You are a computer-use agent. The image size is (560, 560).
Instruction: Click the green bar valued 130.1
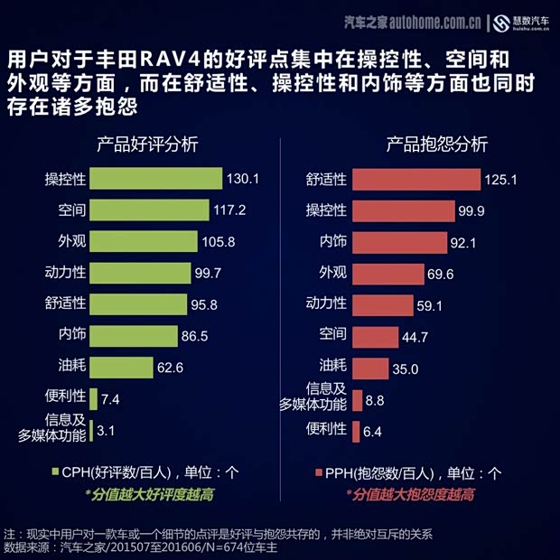pyautogui.click(x=155, y=179)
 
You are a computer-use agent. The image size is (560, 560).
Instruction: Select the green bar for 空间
pyautogui.click(x=149, y=210)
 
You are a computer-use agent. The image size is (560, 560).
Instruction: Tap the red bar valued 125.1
pyautogui.click(x=415, y=179)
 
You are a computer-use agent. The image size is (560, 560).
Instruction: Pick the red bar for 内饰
pyautogui.click(x=399, y=242)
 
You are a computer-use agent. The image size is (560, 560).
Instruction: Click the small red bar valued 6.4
pyautogui.click(x=356, y=431)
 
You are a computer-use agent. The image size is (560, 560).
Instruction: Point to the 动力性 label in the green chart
pyautogui.click(x=65, y=273)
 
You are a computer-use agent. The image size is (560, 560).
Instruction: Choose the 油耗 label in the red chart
pyautogui.click(x=331, y=368)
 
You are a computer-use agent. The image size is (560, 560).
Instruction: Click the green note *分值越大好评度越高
pyautogui.click(x=149, y=495)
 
